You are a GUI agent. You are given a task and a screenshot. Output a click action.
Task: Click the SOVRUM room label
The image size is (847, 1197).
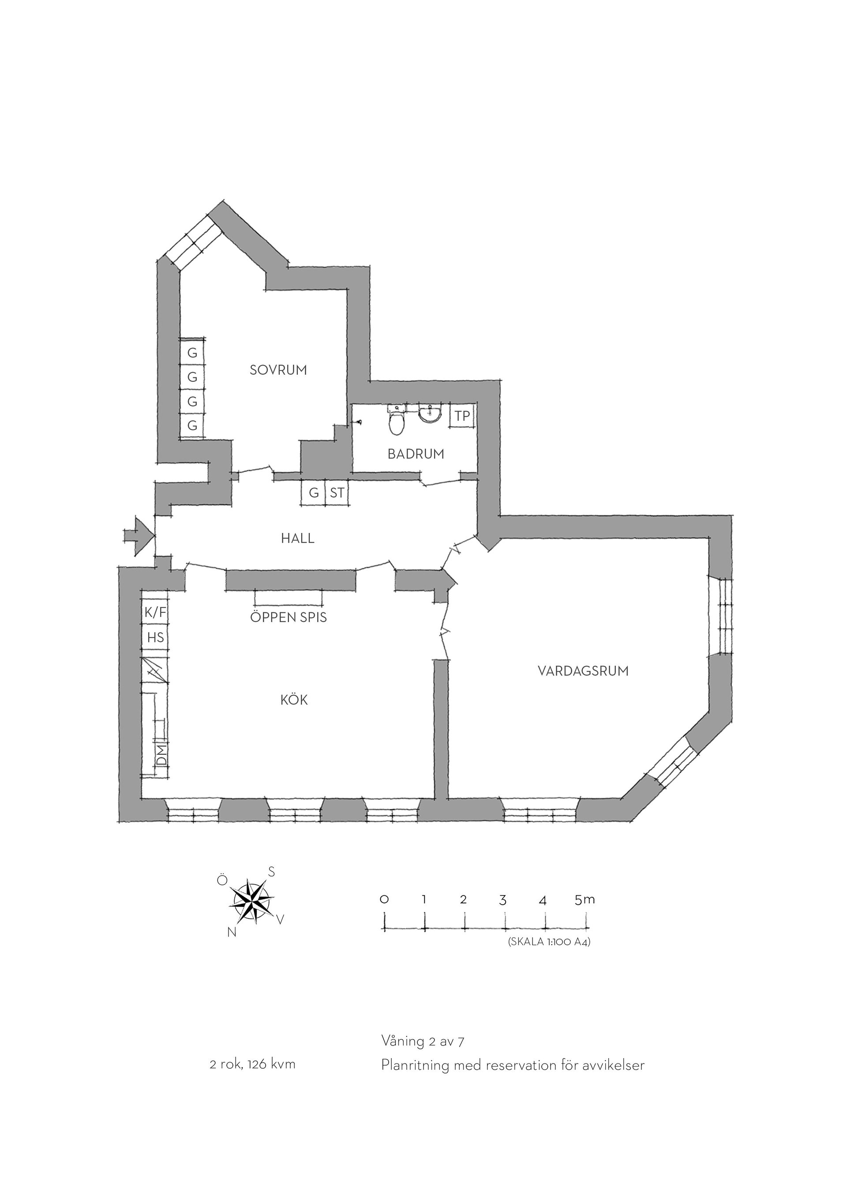(278, 370)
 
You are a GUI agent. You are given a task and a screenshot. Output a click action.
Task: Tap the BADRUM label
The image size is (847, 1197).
(416, 454)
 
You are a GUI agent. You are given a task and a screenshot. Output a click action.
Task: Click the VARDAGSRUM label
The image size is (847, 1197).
(583, 671)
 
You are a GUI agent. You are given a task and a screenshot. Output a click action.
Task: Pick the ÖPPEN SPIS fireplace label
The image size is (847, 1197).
(289, 617)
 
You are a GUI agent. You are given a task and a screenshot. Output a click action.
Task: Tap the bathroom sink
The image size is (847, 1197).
(430, 415)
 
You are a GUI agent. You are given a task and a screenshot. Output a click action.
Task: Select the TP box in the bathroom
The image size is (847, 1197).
(463, 416)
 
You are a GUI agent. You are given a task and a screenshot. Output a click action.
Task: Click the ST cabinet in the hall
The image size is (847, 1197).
(337, 492)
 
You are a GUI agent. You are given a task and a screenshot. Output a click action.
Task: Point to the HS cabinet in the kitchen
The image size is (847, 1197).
(155, 637)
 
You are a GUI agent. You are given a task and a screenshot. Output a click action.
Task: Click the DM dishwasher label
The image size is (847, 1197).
(162, 755)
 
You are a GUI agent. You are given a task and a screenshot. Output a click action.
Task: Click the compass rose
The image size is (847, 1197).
(253, 902)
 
